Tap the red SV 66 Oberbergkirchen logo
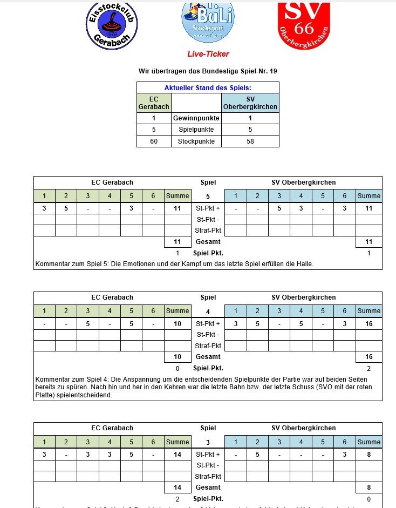tap(303, 24)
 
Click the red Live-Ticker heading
tap(208, 54)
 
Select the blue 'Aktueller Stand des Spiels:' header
tap(208, 87)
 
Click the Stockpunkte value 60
tap(154, 141)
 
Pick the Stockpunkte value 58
tap(250, 141)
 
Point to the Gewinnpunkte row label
tap(196, 118)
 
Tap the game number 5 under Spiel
tap(208, 197)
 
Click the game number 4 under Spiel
tap(208, 311)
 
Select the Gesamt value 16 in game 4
tap(369, 357)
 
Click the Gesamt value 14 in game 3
tap(177, 487)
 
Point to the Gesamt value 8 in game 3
tap(369, 487)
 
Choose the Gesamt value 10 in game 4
tap(177, 357)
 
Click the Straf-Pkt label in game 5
tap(208, 231)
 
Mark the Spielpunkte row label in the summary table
tap(196, 130)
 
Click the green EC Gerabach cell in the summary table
tap(154, 103)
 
